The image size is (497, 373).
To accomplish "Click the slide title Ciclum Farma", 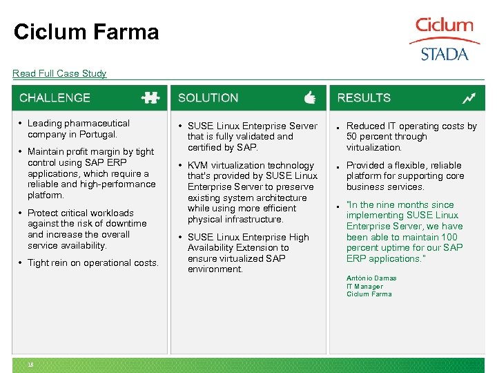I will (86, 32).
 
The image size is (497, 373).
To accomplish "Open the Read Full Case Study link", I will (59, 73).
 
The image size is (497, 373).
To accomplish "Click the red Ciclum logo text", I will (444, 26).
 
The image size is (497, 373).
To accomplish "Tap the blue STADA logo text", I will (445, 54).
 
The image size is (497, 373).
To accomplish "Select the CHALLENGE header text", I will (55, 98).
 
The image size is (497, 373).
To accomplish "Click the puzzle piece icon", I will (150, 98).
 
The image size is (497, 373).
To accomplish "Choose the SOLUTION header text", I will (208, 98).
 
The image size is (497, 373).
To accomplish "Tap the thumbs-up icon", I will (309, 98).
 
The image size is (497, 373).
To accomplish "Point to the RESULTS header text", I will (364, 98).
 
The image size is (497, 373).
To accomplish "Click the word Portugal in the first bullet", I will (98, 134).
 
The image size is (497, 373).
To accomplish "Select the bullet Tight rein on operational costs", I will (93, 262).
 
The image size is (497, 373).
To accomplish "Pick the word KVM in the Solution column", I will (198, 165).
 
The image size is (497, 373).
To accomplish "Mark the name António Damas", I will (371, 278).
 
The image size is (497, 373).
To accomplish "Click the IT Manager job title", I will (364, 286).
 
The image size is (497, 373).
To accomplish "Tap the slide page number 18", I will (31, 365).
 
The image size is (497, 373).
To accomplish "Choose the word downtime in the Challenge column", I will (128, 223).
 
